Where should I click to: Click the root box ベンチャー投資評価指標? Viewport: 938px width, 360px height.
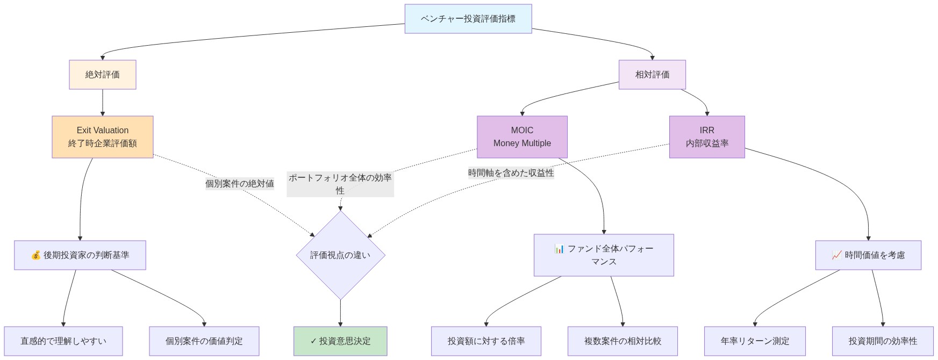[x=468, y=19]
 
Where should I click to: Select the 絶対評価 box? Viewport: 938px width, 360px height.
[x=102, y=75]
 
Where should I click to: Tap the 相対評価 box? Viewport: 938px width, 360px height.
[x=652, y=75]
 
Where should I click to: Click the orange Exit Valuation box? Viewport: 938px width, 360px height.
[x=102, y=137]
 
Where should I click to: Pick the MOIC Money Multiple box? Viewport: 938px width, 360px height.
[x=522, y=137]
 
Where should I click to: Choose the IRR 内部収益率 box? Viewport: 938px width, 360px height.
[x=707, y=137]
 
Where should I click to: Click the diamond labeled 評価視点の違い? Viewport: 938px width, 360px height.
[x=340, y=255]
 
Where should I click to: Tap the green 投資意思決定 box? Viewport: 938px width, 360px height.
[x=340, y=341]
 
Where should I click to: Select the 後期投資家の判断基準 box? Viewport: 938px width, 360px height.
[x=80, y=255]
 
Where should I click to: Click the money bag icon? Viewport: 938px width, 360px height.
[x=36, y=255]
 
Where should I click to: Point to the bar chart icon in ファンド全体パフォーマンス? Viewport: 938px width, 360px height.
[x=559, y=249]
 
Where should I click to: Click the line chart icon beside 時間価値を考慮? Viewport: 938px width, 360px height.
[x=836, y=255]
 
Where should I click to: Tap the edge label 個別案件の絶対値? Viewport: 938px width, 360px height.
[x=239, y=184]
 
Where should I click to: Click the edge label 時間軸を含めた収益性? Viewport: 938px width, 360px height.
[x=511, y=173]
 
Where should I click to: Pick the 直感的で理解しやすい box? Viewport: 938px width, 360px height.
[x=63, y=341]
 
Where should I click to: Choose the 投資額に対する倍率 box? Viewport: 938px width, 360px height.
[x=486, y=341]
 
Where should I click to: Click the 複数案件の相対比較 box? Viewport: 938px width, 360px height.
[x=622, y=341]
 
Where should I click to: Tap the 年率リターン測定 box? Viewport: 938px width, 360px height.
[x=755, y=341]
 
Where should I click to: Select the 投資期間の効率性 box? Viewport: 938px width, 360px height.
[x=883, y=341]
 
